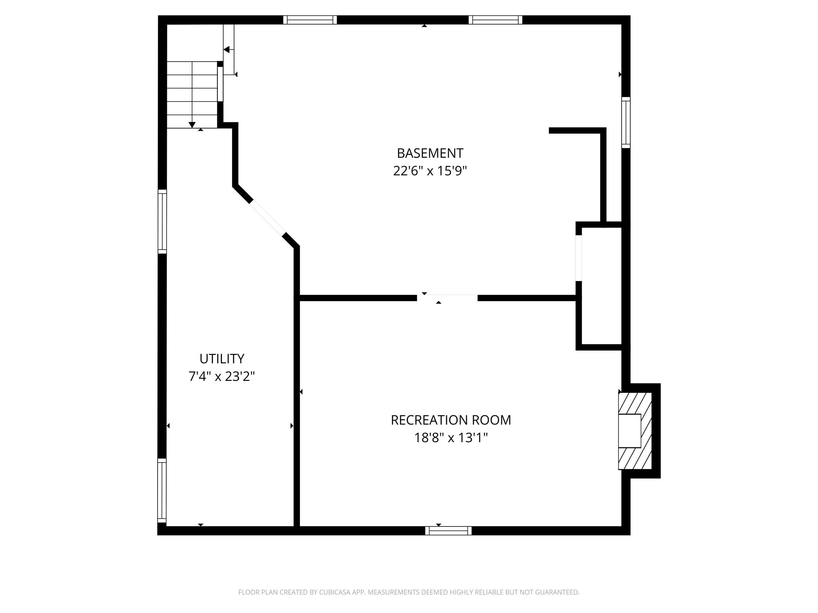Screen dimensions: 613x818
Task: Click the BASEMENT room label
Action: pyautogui.click(x=430, y=153)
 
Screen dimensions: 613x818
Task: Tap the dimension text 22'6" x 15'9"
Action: pyautogui.click(x=430, y=171)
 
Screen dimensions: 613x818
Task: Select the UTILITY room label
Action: pyautogui.click(x=222, y=359)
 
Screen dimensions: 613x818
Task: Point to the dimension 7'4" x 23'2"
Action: pyautogui.click(x=222, y=377)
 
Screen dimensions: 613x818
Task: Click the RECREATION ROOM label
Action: pyautogui.click(x=451, y=420)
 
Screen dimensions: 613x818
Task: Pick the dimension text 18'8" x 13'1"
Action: pyautogui.click(x=451, y=438)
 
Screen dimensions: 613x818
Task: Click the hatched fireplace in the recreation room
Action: pyautogui.click(x=634, y=431)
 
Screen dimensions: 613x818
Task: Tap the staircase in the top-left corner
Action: pyautogui.click(x=192, y=95)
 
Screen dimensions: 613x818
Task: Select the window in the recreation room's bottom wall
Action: pyautogui.click(x=448, y=531)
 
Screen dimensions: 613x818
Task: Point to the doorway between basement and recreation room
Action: pyautogui.click(x=447, y=298)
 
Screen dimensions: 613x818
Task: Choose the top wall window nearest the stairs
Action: pyautogui.click(x=310, y=20)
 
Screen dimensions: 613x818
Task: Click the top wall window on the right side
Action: pyautogui.click(x=495, y=20)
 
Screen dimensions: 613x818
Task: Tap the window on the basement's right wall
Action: pyautogui.click(x=626, y=122)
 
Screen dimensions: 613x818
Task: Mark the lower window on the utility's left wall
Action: pyautogui.click(x=162, y=490)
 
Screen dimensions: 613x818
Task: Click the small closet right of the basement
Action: pyautogui.click(x=601, y=286)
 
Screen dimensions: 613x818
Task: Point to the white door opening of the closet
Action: pyautogui.click(x=579, y=258)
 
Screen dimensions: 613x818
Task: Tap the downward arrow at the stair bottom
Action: pyautogui.click(x=192, y=125)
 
